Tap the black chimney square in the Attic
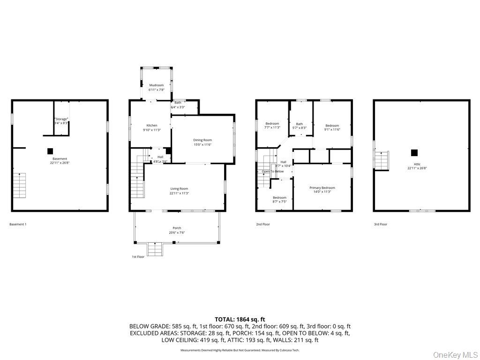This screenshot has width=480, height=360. point(414,152)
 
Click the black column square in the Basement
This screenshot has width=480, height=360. point(50,151)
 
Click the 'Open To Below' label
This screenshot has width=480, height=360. point(272,172)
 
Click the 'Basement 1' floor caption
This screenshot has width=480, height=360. point(18,225)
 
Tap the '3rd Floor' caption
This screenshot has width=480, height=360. point(380,225)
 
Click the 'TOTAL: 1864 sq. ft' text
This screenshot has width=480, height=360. point(240,319)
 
